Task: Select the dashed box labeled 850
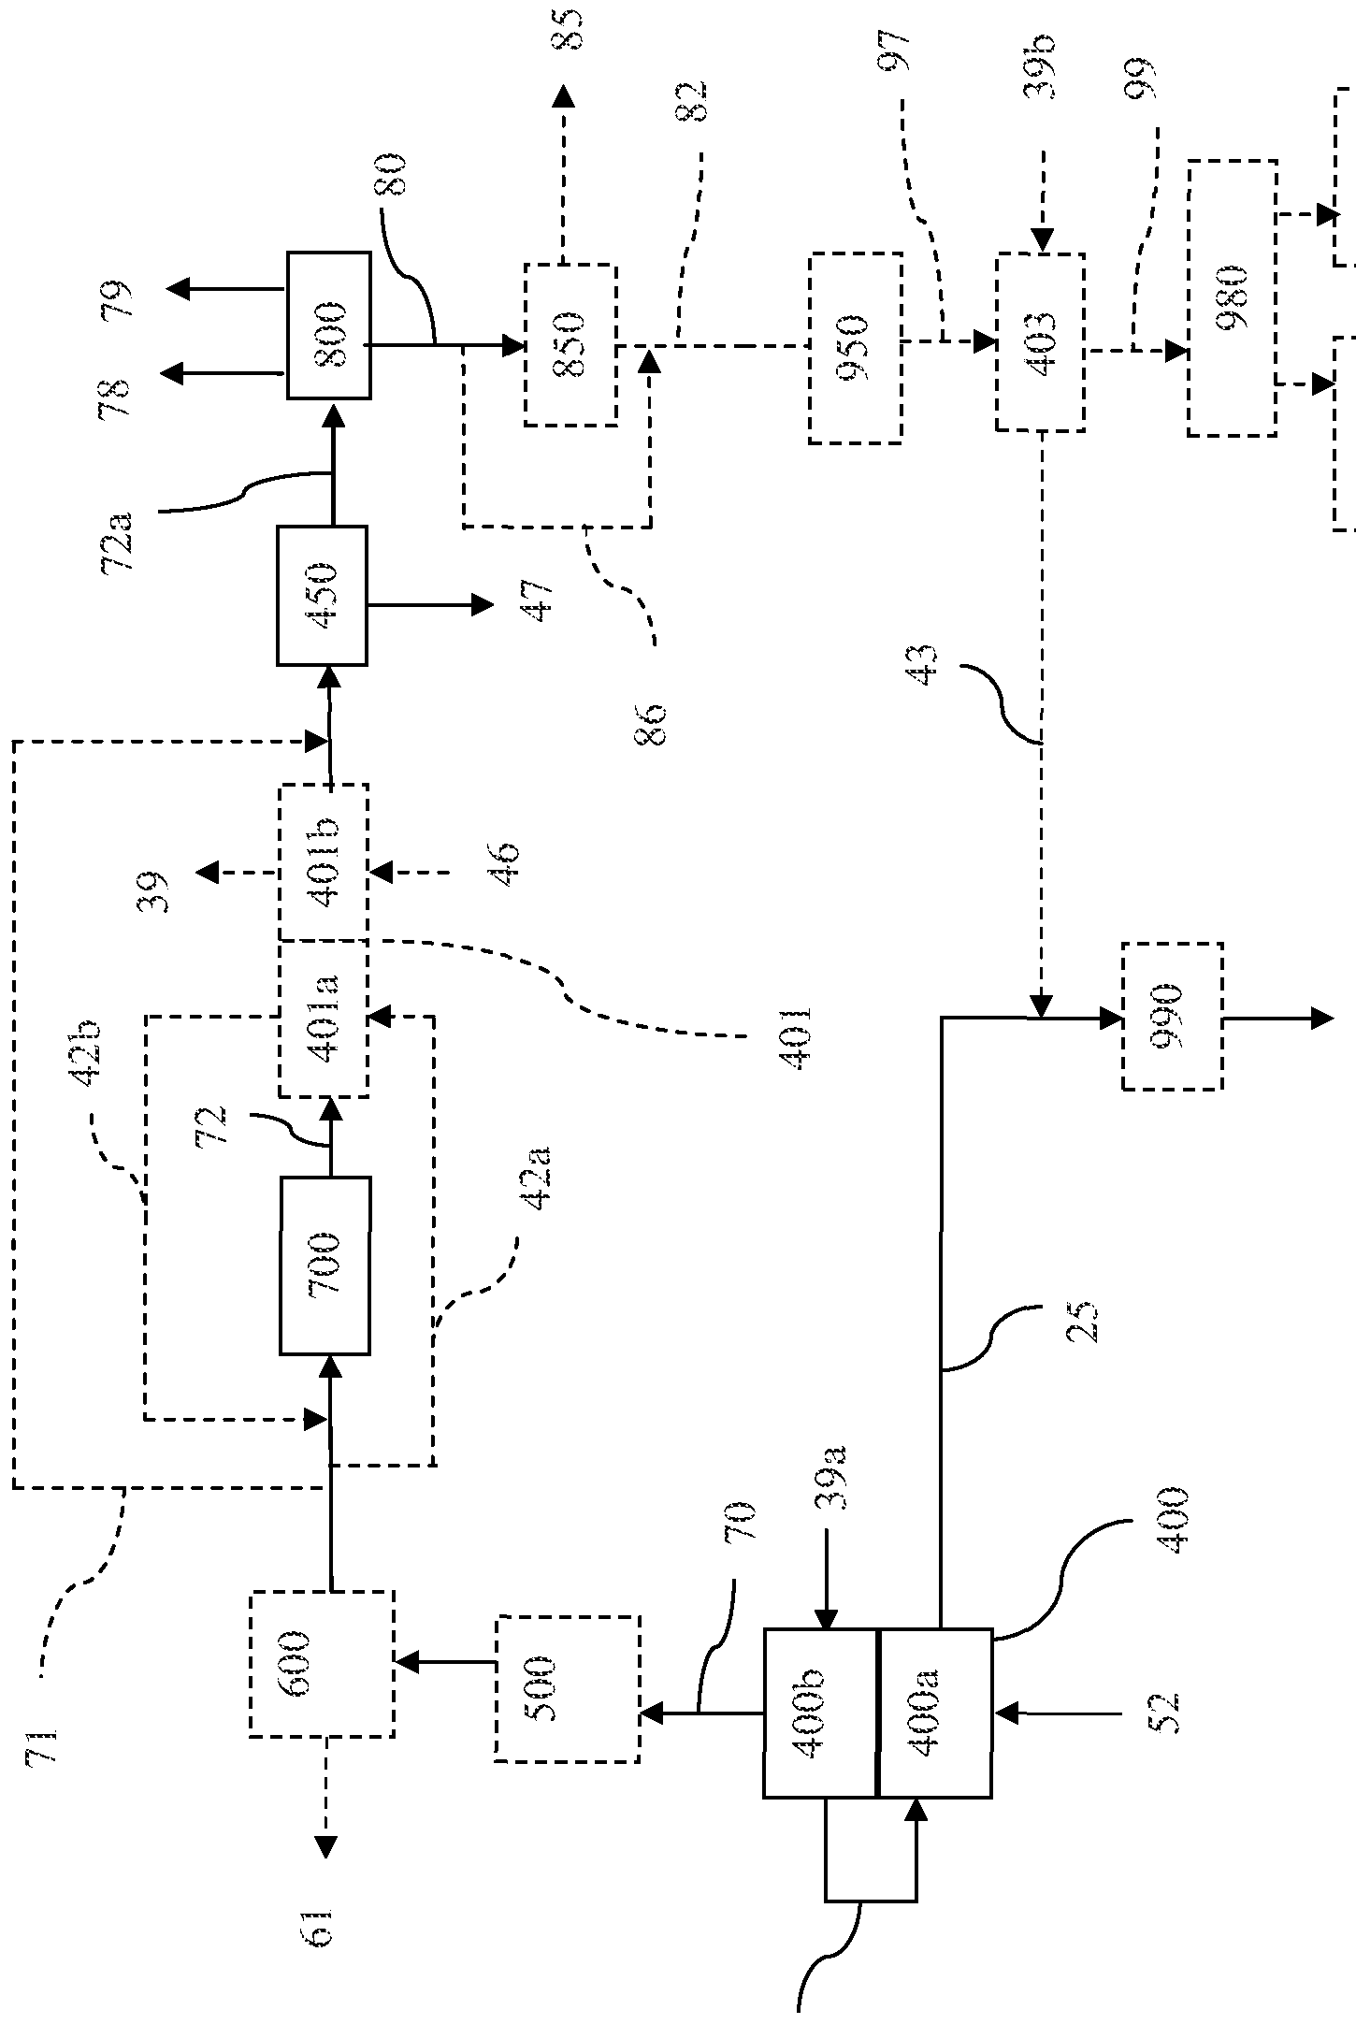click(x=570, y=345)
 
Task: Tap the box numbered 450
click(x=322, y=596)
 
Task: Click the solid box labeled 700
click(x=325, y=1265)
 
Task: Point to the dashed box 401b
click(x=324, y=861)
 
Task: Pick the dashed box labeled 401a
click(x=324, y=1019)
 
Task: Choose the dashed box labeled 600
click(x=321, y=1664)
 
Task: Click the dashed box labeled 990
click(x=1172, y=1017)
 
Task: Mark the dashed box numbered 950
click(x=855, y=348)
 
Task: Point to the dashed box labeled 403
click(x=1041, y=341)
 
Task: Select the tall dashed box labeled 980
click(x=1232, y=298)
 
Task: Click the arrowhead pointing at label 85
click(x=563, y=98)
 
